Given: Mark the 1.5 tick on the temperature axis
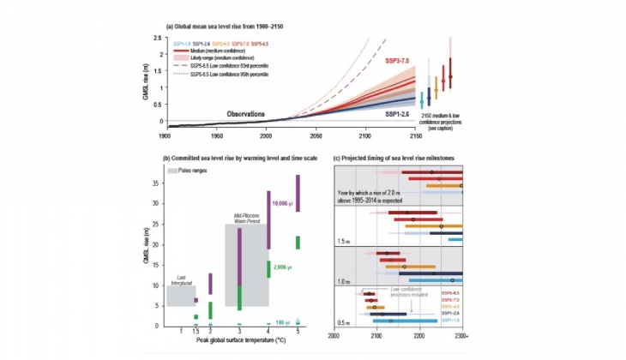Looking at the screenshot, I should tap(196, 332).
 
